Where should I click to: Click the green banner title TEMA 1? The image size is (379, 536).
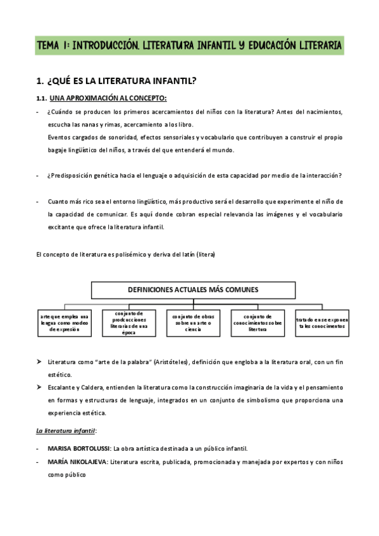coord(189,46)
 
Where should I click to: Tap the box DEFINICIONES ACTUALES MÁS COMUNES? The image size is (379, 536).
coord(193,289)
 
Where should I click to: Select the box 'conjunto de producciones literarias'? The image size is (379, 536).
coord(129,322)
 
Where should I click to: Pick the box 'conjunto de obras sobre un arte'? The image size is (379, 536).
coord(192,322)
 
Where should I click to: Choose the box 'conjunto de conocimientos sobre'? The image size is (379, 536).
coord(257,322)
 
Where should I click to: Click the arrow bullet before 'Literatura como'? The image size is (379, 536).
coord(39,362)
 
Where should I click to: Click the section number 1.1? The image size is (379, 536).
coord(42,98)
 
